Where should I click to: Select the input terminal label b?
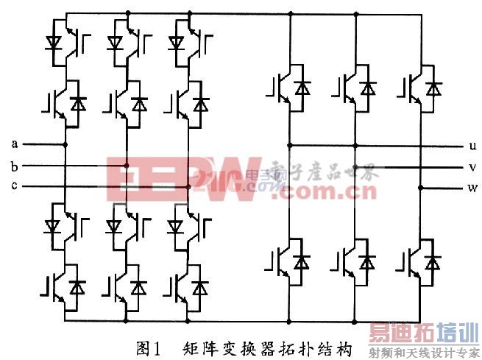[x=14, y=165]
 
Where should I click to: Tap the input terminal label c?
[x=14, y=186]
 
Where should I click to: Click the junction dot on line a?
[x=66, y=144]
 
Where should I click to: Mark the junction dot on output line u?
[x=289, y=145]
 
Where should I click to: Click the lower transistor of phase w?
[x=422, y=261]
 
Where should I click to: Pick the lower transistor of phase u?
[x=289, y=261]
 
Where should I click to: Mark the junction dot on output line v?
[x=355, y=166]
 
